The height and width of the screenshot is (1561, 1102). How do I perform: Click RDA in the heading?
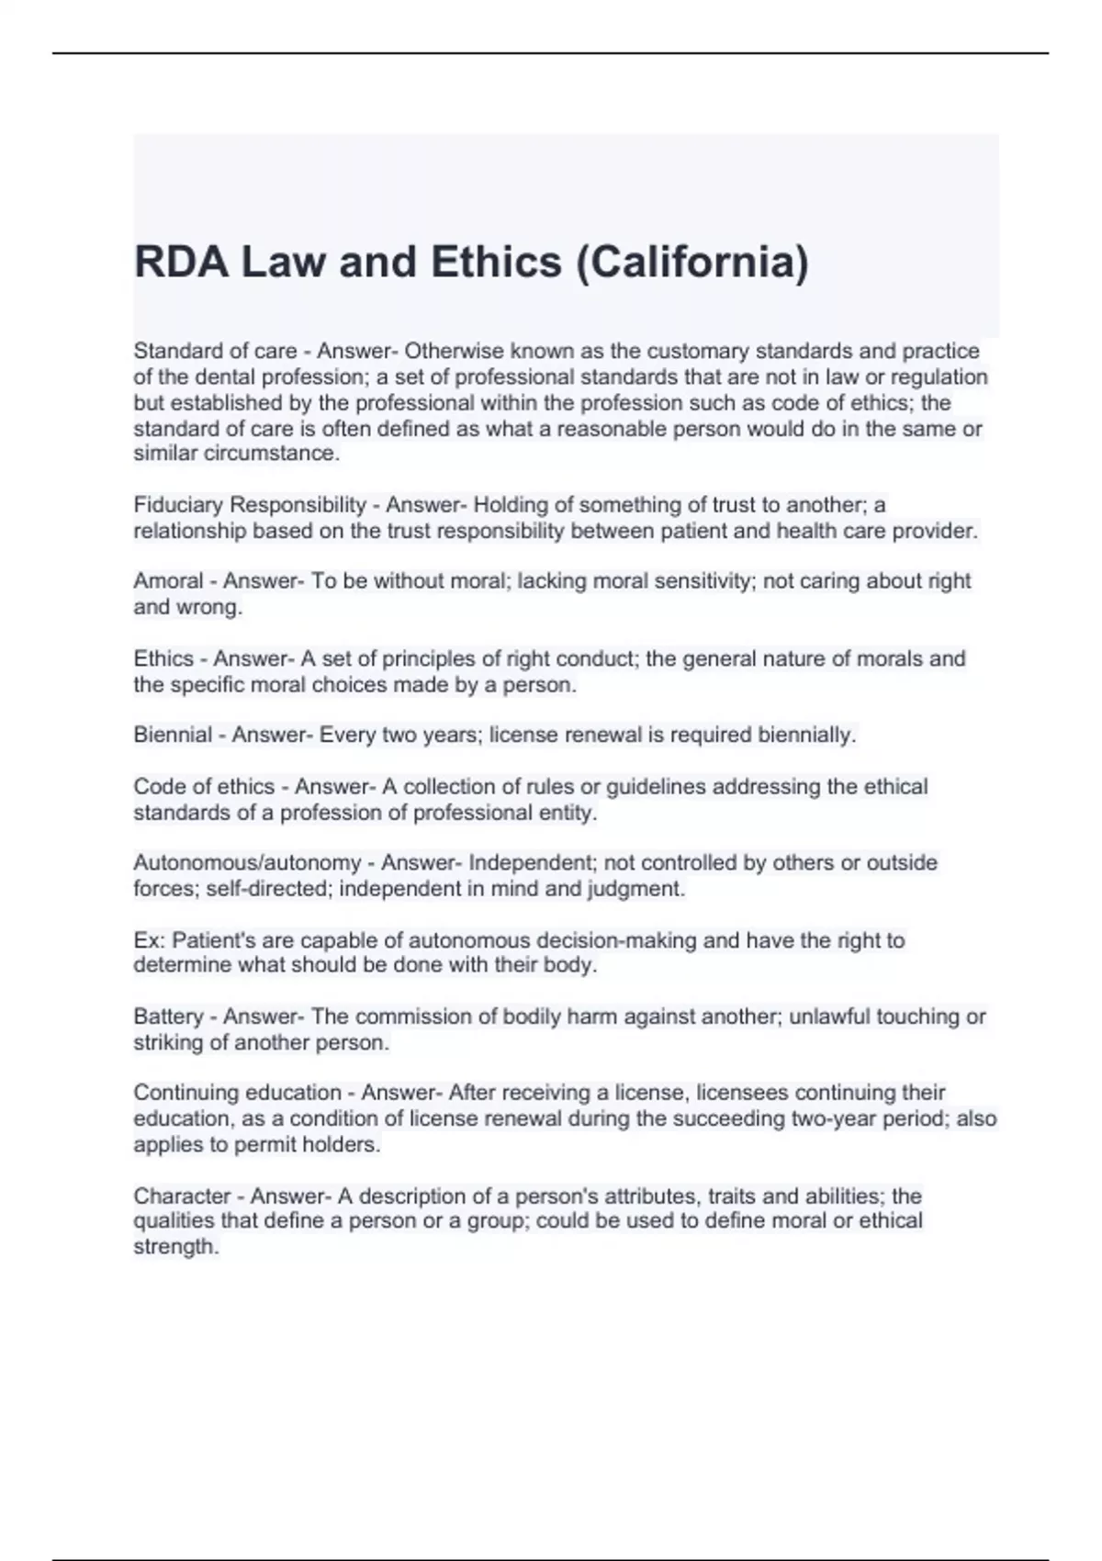pos(180,262)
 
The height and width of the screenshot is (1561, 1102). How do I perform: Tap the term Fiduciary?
pos(175,505)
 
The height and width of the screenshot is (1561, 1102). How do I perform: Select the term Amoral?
pos(168,581)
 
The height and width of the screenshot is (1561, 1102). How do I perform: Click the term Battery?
pos(168,1016)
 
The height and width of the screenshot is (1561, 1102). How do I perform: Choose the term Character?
pos(179,1196)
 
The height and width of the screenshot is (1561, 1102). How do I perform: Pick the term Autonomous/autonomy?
pos(247,863)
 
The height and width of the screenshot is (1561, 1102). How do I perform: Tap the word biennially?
pos(806,736)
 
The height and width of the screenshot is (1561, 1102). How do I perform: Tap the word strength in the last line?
pos(175,1247)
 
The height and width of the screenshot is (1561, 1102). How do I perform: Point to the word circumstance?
pos(286,454)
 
